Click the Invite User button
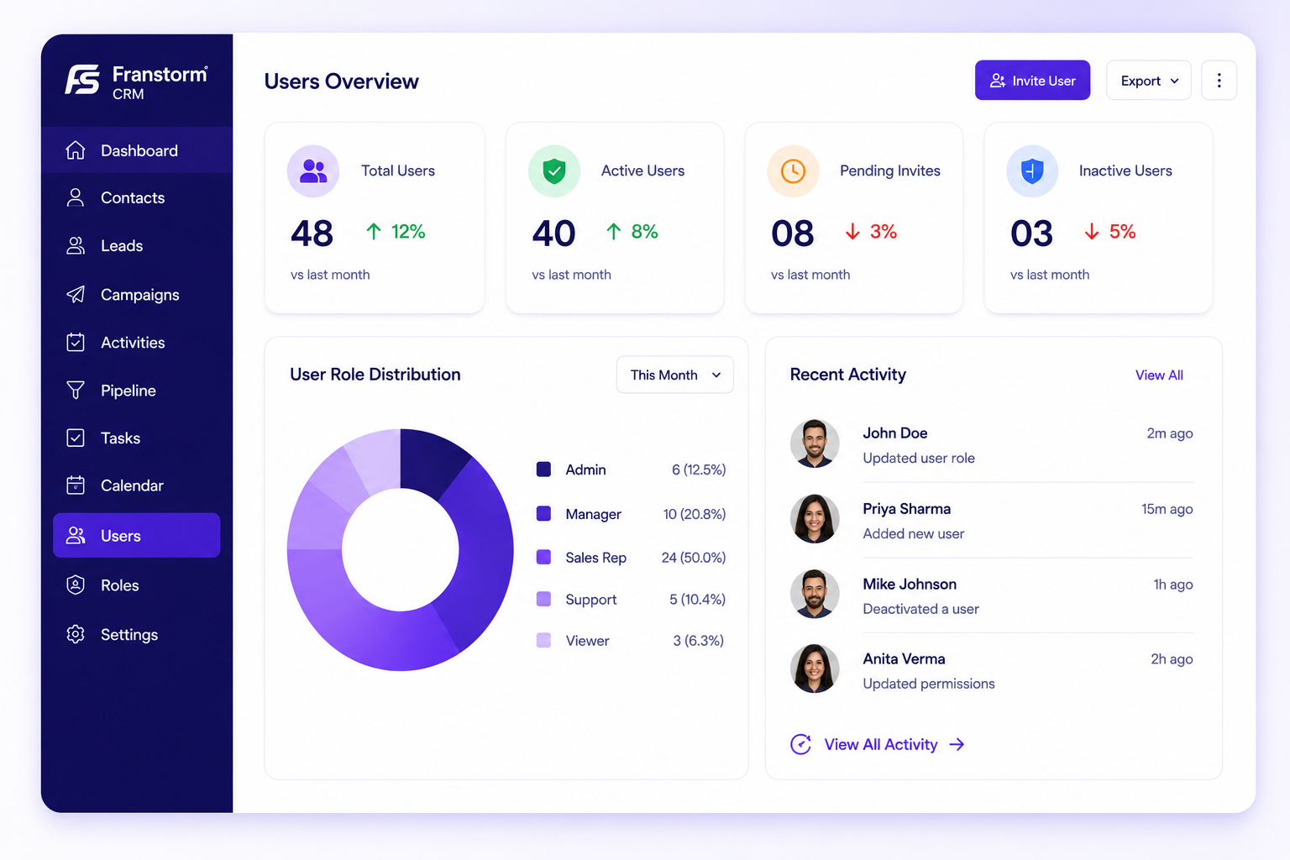tap(1032, 80)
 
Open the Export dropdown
tap(1148, 80)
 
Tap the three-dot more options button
tap(1219, 80)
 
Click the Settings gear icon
tap(76, 634)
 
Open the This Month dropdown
tap(675, 375)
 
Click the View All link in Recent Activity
tap(1159, 375)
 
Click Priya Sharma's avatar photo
tap(815, 518)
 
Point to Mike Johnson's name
tap(910, 584)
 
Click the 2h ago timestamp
tap(1172, 659)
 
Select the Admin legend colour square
tap(543, 469)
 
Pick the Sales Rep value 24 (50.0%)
tap(694, 558)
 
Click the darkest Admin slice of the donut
tap(431, 461)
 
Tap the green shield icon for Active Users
tap(554, 171)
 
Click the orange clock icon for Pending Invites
tap(793, 171)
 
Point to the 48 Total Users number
tap(312, 233)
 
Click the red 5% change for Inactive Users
tap(1122, 232)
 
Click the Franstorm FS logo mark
tap(82, 79)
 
